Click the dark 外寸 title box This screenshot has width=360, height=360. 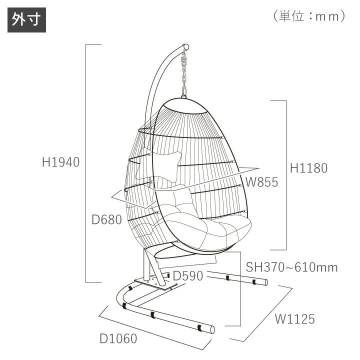pos(26,20)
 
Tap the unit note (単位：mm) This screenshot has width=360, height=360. pos(309,16)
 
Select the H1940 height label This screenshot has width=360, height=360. pos(61,162)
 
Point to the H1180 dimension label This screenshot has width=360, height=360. pos(309,168)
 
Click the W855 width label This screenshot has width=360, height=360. pos(262,182)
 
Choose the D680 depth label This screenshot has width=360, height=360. pos(107,219)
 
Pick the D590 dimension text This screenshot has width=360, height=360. pos(188,275)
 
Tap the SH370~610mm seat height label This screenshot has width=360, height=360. pos(292,267)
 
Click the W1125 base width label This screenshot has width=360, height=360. pos(295,319)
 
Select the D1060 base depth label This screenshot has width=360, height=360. pos(118,338)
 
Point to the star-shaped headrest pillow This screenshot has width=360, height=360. pos(158,166)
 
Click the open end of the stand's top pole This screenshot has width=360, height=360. pos(186,47)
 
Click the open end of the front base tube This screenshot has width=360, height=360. pos(212,329)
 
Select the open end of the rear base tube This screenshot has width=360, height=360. pos(266,282)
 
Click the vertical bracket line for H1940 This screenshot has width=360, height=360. pos(86,163)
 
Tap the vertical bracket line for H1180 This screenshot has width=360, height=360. pos(286,175)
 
